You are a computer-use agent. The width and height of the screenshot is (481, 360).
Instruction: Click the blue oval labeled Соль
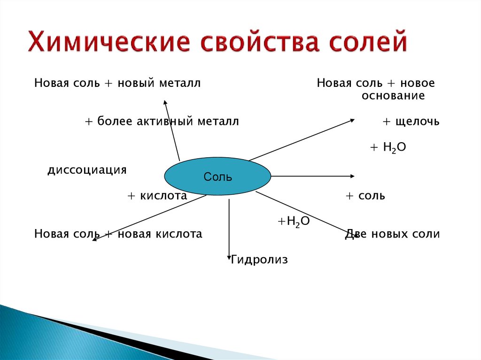pyautogui.click(x=217, y=176)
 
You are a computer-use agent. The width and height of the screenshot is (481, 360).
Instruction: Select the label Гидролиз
pyautogui.click(x=259, y=259)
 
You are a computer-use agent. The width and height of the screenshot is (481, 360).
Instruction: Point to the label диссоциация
pyautogui.click(x=87, y=169)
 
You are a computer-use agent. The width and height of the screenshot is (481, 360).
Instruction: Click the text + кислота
pyautogui.click(x=157, y=196)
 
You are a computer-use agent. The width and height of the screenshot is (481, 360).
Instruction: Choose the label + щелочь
pyautogui.click(x=411, y=122)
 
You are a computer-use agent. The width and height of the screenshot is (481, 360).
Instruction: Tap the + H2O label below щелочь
pyautogui.click(x=388, y=147)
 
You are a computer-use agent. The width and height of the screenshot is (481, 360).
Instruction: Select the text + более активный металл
pyautogui.click(x=162, y=122)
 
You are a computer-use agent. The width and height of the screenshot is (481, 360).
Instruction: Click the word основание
pyautogui.click(x=393, y=96)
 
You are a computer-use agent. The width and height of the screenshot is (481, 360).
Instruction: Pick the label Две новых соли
pyautogui.click(x=392, y=234)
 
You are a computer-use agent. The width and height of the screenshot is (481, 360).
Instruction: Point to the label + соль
pyautogui.click(x=365, y=196)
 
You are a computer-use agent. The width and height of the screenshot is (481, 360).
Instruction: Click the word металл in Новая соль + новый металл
pyautogui.click(x=182, y=83)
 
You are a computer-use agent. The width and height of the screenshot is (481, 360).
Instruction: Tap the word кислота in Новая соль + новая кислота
pyautogui.click(x=180, y=234)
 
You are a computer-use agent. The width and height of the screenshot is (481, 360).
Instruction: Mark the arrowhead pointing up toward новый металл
pyautogui.click(x=165, y=102)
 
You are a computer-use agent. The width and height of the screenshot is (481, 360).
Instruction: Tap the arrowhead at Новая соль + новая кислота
pyautogui.click(x=94, y=240)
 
